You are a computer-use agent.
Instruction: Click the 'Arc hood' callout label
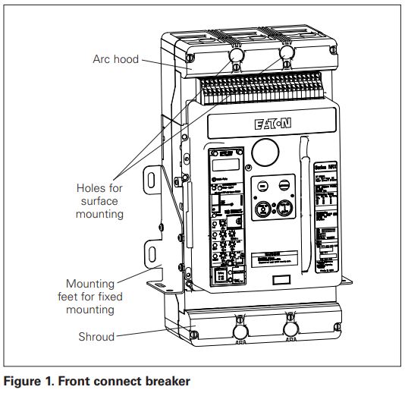(115, 58)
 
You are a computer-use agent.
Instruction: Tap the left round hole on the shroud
(241, 332)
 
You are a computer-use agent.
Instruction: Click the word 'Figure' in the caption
(23, 382)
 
